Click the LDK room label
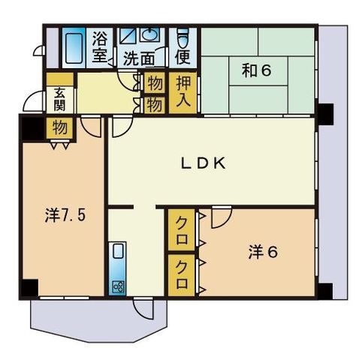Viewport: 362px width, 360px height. click(203, 163)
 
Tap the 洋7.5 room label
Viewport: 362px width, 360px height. click(65, 215)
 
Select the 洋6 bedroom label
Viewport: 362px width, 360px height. click(263, 252)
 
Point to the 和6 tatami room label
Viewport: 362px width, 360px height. click(256, 70)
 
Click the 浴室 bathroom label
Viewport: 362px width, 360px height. click(100, 47)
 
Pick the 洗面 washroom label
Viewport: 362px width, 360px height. click(139, 59)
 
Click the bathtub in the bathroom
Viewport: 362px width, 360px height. click(74, 47)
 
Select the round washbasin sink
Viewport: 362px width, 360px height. click(149, 34)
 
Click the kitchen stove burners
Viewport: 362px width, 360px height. click(118, 287)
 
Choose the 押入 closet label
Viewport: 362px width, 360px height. click(183, 92)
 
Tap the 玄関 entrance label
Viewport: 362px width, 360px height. click(59, 100)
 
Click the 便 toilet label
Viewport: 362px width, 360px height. click(183, 57)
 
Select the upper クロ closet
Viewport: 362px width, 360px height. click(182, 230)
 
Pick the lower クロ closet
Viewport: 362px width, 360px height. click(182, 275)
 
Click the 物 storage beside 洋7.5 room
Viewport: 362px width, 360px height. click(59, 127)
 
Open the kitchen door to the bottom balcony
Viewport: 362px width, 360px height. click(143, 309)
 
